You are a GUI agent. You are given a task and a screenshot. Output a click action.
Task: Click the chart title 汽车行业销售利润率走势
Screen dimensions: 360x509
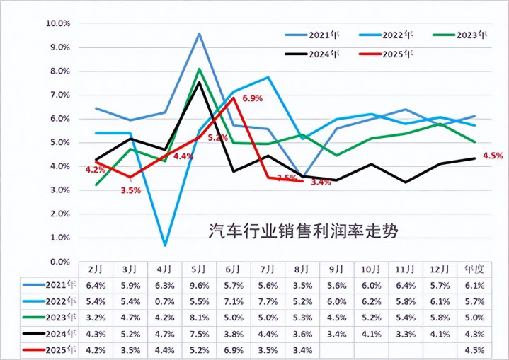pos(308,231)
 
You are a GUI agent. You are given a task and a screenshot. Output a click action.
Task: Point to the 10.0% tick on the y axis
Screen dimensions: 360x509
pos(58,23)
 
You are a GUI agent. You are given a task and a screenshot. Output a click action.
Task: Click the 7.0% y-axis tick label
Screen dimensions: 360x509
pos(59,95)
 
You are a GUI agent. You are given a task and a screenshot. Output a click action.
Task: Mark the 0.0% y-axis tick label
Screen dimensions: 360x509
pos(59,262)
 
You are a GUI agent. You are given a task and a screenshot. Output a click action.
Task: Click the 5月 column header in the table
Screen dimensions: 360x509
pos(200,269)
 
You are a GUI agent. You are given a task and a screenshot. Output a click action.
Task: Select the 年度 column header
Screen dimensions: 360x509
pos(474,269)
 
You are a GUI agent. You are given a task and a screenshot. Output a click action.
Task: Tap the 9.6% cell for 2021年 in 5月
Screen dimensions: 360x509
pos(200,286)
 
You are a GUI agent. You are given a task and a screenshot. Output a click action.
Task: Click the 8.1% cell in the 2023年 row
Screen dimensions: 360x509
pos(200,318)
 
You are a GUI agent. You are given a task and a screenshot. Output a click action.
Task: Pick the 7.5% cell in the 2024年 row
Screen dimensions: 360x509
pos(200,334)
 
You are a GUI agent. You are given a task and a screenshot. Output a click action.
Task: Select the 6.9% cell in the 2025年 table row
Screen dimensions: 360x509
pos(234,349)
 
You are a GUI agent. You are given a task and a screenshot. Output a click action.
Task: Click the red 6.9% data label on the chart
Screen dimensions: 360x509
pos(252,98)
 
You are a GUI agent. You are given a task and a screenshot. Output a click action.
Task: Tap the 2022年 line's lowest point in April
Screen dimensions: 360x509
pos(165,245)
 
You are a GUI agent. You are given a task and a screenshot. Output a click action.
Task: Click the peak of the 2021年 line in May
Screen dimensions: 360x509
pos(200,33)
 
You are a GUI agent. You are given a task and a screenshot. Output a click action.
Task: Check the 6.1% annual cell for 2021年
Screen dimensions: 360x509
pos(474,286)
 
